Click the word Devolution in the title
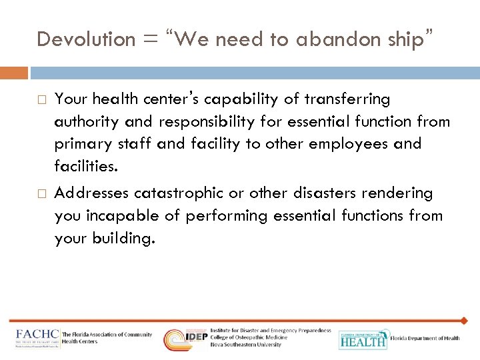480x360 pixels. pyautogui.click(x=86, y=39)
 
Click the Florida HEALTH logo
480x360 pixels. pyautogui.click(x=363, y=339)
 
